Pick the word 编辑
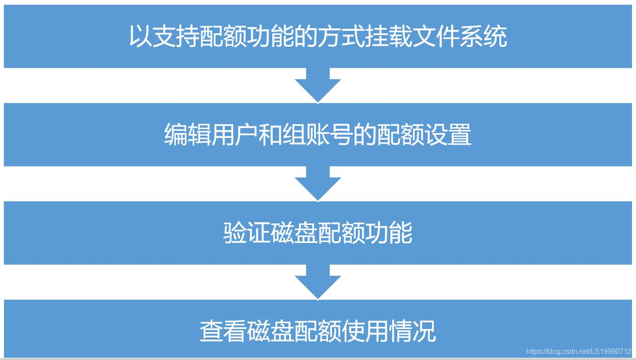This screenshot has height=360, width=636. coord(188,135)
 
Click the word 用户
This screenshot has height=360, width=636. coord(236,135)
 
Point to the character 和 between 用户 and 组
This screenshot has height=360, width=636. coord(271,135)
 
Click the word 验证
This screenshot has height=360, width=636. coord(247,233)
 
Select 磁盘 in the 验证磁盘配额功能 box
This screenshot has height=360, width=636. coord(294,233)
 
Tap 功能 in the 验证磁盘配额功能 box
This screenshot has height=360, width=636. coord(389,233)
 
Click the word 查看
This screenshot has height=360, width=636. coord(223,332)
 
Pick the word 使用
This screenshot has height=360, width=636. coord(365,332)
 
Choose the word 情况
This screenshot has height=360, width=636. coord(412,332)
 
